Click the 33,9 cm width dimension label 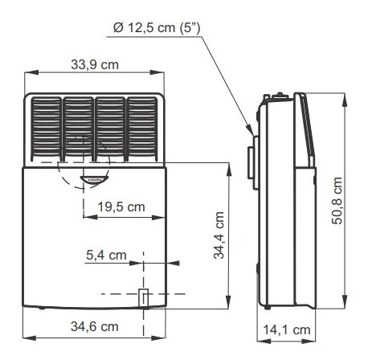[x=95, y=65]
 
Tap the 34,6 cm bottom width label [x=95, y=326]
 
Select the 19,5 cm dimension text [x=121, y=207]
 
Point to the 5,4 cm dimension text [x=106, y=255]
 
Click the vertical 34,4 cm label [x=219, y=235]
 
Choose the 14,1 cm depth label [x=287, y=329]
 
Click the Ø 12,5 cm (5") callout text [x=157, y=28]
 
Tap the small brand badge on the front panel [x=94, y=180]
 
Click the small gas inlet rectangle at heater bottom [x=143, y=298]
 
